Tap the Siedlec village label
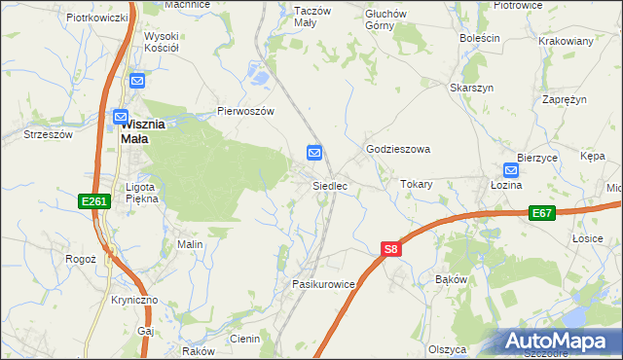click(x=329, y=185)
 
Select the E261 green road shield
click(x=92, y=200)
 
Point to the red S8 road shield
click(x=390, y=250)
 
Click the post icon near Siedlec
click(x=314, y=153)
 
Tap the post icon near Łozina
click(x=513, y=168)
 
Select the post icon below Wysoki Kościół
click(x=137, y=82)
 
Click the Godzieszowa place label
click(x=397, y=149)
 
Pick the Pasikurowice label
click(x=322, y=283)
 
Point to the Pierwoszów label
click(x=246, y=111)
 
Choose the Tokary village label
click(x=417, y=184)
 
